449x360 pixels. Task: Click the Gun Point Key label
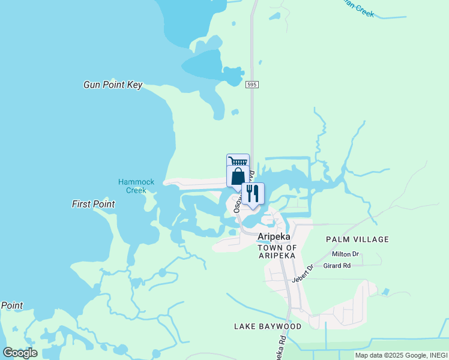tap(113, 85)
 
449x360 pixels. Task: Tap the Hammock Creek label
tap(136, 186)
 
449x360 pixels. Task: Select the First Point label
tap(93, 205)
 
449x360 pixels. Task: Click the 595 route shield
tap(252, 85)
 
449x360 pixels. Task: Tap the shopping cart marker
tap(238, 161)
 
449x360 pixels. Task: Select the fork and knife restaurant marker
tap(253, 194)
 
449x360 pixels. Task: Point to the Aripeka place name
tap(274, 236)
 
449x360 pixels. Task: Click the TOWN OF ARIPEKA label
tap(277, 251)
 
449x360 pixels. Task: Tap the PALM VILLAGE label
tap(357, 239)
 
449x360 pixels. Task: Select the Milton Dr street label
tap(345, 254)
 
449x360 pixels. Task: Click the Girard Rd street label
tap(337, 266)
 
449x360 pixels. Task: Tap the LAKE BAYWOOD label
tap(268, 326)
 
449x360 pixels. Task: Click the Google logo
tap(20, 353)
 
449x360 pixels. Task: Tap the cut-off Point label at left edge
tap(11, 305)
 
